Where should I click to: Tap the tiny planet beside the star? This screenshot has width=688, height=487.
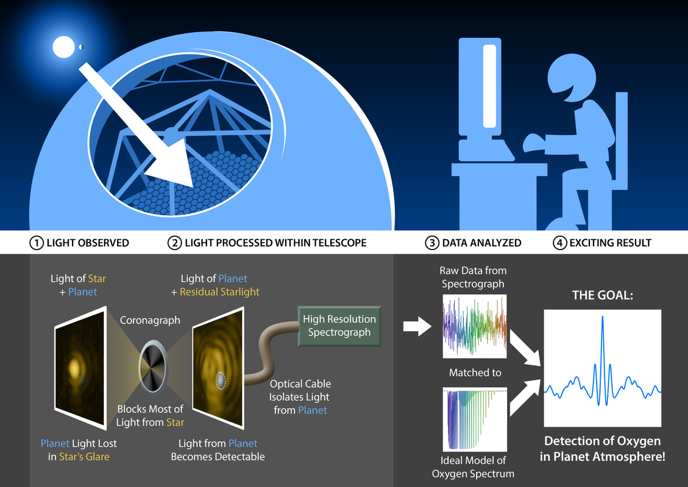[x=80, y=47]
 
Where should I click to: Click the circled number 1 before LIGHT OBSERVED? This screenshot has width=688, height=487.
[x=35, y=243]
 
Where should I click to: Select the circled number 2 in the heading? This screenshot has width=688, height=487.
[x=174, y=243]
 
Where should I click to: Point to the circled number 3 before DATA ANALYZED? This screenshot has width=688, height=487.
[x=431, y=243]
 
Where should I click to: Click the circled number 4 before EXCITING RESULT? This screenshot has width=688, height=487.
[x=559, y=243]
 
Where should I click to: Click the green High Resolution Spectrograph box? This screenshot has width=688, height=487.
[x=339, y=326]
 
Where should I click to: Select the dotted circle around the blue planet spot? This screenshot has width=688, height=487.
[x=221, y=380]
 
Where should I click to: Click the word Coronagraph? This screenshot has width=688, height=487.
[x=150, y=320]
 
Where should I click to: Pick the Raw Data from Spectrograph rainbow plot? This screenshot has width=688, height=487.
[x=474, y=327]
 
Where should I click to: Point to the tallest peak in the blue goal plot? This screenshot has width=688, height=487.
[x=602, y=318]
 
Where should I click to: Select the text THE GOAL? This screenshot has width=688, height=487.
[x=602, y=295]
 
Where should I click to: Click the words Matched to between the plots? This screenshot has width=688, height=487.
[x=475, y=373]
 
